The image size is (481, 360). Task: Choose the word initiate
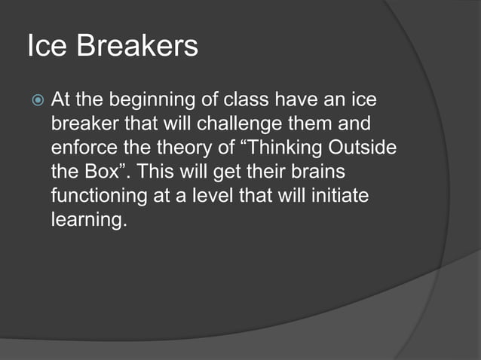tap(348, 194)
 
